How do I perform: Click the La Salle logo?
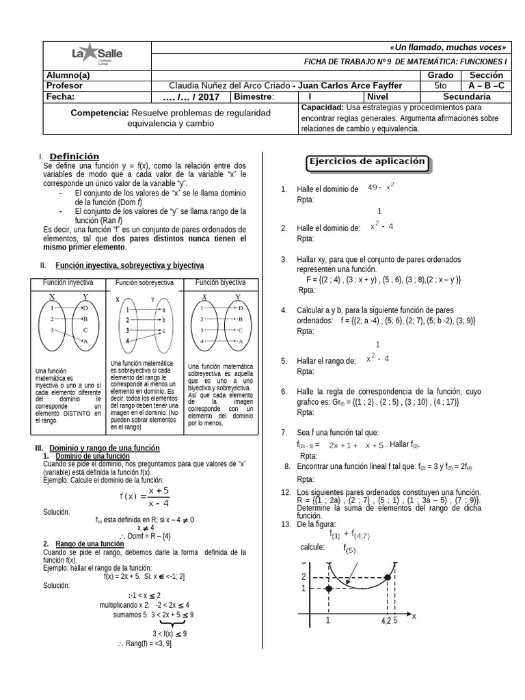click(x=98, y=55)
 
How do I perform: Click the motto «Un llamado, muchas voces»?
click(x=448, y=47)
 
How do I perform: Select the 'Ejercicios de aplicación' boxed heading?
click(x=368, y=163)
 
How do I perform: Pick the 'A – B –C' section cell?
click(x=486, y=85)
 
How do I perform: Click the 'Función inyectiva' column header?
click(x=68, y=282)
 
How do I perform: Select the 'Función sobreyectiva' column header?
click(x=144, y=282)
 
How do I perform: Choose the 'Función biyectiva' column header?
click(x=221, y=282)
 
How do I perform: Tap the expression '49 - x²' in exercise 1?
click(x=381, y=187)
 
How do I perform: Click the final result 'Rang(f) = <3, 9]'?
click(x=144, y=643)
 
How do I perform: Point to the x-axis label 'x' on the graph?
click(x=414, y=615)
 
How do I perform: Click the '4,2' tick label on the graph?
click(x=386, y=621)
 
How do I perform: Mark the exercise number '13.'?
click(x=286, y=524)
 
